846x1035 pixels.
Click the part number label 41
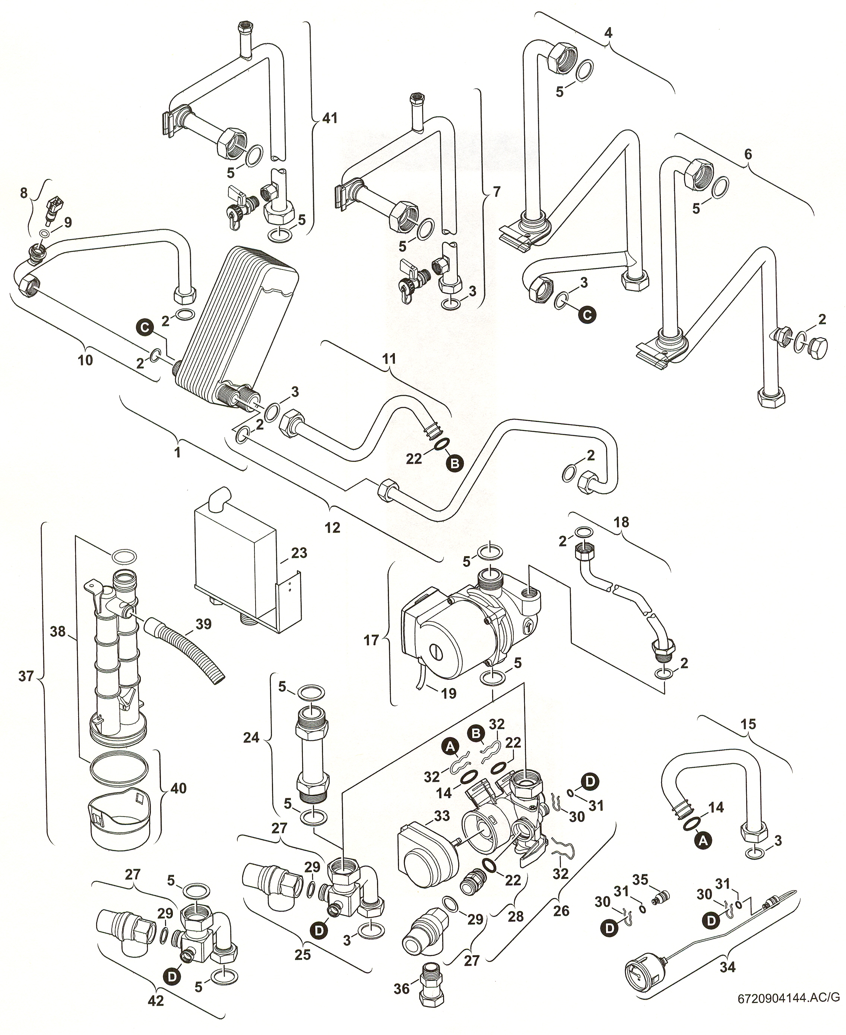click(x=330, y=119)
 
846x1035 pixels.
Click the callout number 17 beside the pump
click(x=371, y=640)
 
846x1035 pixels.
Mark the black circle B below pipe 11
click(x=454, y=464)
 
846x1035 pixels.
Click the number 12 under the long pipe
click(x=332, y=527)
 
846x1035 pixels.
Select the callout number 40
click(x=179, y=788)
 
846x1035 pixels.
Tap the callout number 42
click(x=156, y=1000)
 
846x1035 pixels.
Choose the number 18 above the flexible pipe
click(x=621, y=522)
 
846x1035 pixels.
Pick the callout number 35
click(x=640, y=880)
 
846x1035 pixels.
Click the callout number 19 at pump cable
click(x=449, y=693)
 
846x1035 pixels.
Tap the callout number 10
click(x=85, y=360)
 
